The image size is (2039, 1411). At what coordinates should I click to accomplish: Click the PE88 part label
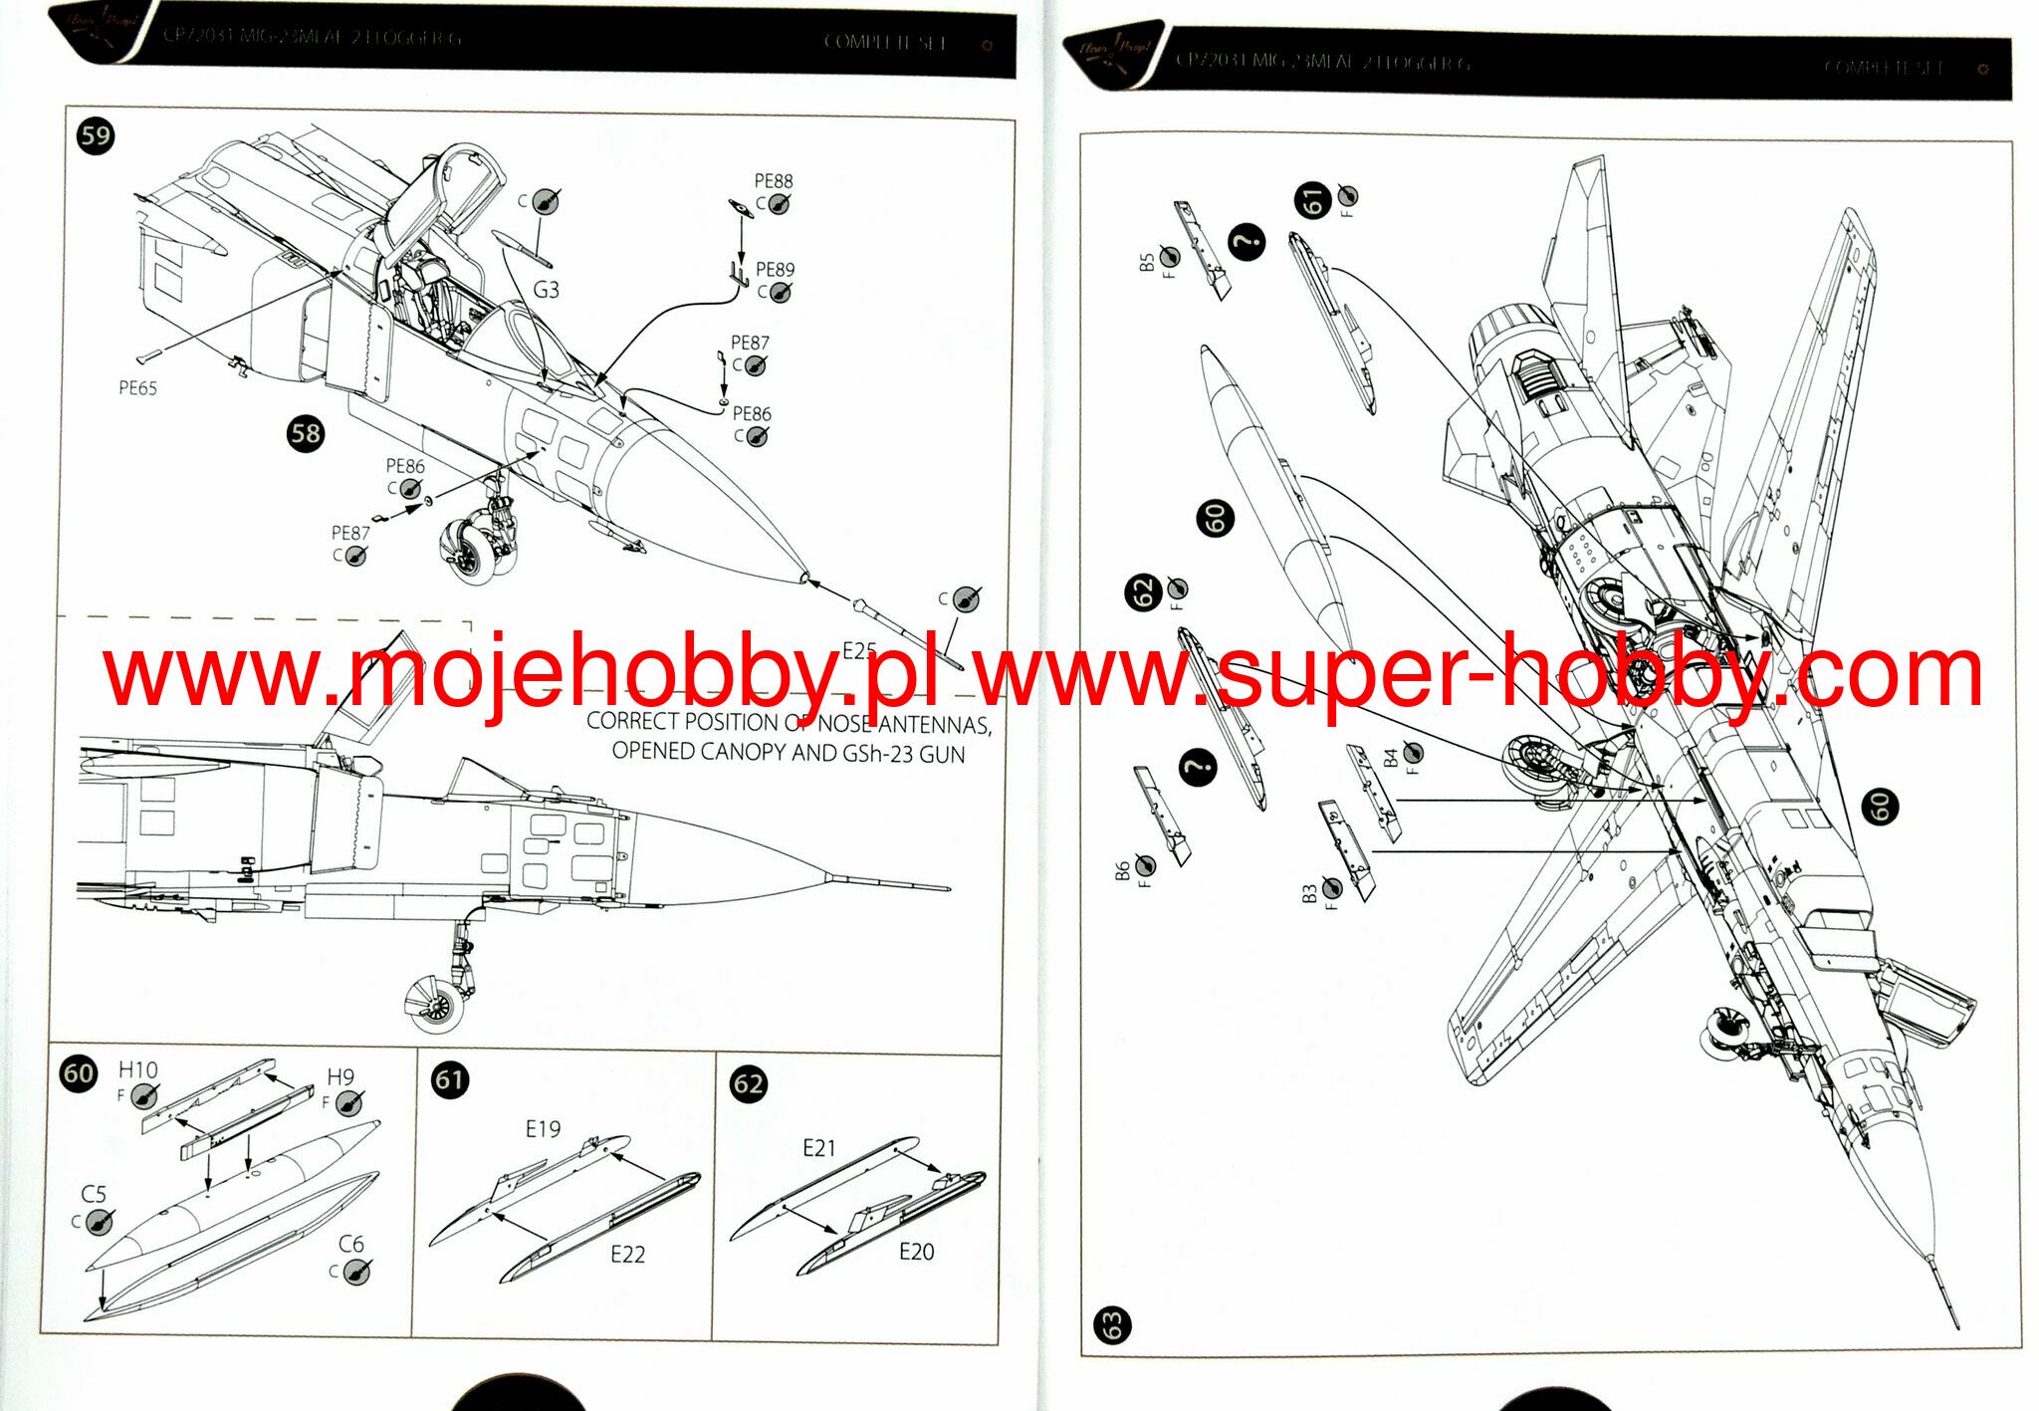tap(774, 181)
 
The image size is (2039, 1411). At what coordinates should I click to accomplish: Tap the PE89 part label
tap(775, 270)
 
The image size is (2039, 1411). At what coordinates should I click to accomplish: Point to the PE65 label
tap(137, 388)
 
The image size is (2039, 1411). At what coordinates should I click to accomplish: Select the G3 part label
tap(546, 290)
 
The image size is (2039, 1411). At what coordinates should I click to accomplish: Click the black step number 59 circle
tap(96, 135)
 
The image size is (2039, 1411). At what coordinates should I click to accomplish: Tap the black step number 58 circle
tap(306, 433)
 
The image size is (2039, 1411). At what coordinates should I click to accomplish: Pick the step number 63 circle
tap(1111, 1324)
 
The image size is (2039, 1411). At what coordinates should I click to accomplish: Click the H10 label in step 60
tap(137, 1070)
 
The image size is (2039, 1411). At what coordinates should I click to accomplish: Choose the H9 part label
tap(340, 1077)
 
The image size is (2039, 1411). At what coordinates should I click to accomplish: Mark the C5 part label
tap(94, 1194)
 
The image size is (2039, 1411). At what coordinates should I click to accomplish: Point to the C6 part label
tap(350, 1245)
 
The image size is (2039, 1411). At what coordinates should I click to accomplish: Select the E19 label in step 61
tap(543, 1129)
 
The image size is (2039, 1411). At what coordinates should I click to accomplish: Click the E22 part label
tap(627, 1255)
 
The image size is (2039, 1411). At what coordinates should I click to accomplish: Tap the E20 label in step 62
tap(916, 1252)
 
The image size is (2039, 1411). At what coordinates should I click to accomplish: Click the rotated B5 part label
tap(1147, 262)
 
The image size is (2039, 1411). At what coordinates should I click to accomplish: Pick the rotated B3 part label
tap(1310, 893)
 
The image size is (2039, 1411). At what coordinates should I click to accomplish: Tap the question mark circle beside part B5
tap(1246, 242)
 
